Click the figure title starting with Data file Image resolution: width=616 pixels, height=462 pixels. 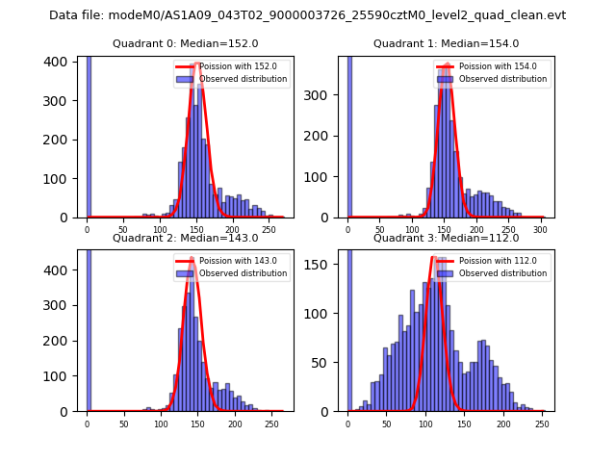[307, 15]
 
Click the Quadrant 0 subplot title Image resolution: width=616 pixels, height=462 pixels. [185, 43]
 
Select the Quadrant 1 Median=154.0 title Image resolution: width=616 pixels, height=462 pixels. [446, 43]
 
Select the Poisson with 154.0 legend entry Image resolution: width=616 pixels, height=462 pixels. [490, 66]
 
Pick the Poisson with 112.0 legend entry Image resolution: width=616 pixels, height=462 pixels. [490, 261]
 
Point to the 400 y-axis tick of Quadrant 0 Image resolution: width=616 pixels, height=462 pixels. [59, 62]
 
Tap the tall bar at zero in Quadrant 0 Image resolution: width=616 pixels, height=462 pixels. [88, 135]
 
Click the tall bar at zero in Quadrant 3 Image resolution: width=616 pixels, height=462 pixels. [348, 327]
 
